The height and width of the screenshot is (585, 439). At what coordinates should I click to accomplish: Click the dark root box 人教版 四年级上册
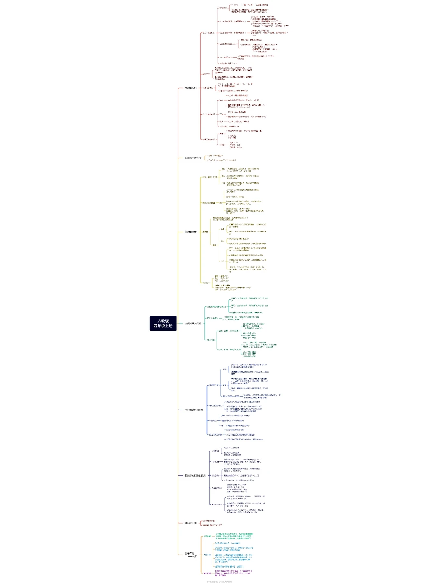163,323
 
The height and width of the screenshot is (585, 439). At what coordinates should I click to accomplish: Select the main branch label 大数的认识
191,88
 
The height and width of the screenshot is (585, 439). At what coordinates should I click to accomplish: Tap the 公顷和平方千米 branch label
193,158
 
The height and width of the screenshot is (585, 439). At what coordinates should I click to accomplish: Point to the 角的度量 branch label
191,232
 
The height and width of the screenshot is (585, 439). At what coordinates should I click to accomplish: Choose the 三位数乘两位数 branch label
193,323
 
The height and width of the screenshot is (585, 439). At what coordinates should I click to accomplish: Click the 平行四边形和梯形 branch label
194,410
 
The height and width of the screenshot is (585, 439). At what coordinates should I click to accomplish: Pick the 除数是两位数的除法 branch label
195,475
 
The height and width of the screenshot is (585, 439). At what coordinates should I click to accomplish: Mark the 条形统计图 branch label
191,523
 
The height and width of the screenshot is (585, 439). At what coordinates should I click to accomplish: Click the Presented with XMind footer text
219,582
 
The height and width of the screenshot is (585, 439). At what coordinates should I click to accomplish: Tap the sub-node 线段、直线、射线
210,177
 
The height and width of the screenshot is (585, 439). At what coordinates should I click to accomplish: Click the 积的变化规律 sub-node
213,318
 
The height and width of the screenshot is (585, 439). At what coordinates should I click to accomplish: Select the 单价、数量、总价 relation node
228,331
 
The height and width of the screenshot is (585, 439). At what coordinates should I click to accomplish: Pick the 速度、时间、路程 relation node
228,349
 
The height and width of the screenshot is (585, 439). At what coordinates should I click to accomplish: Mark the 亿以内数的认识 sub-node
209,33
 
